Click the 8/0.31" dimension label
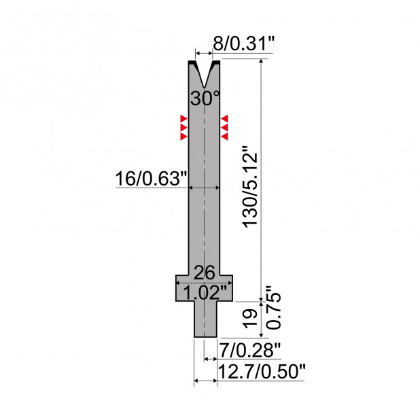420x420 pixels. pos(244,43)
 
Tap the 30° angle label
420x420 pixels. pos(205,98)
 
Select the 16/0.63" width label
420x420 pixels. pos(151,178)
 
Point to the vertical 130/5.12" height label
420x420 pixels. pos(250,187)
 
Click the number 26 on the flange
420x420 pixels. pos(204,273)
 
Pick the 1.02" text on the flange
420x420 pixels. pos(205,292)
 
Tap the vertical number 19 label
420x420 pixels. pos(250,319)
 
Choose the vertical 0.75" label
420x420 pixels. pos(273,307)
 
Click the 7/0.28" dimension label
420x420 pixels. pos(249,350)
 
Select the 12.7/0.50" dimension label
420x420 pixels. pos(262,372)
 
